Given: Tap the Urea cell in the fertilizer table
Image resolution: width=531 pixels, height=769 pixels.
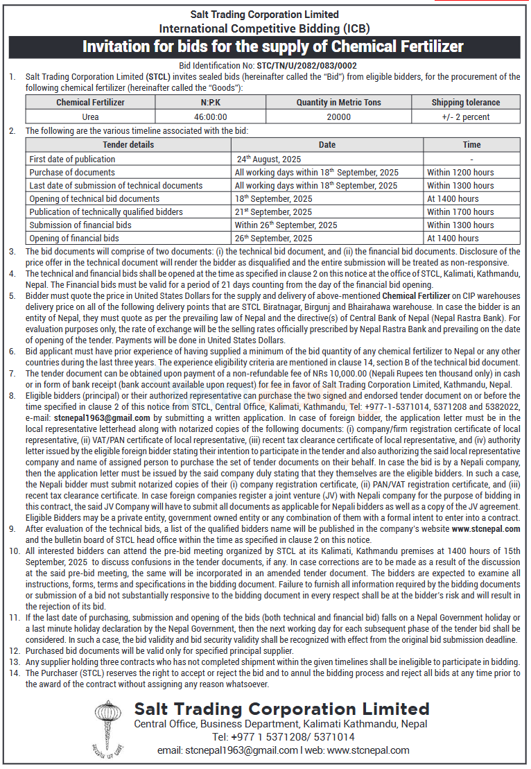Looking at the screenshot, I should pyautogui.click(x=90, y=116).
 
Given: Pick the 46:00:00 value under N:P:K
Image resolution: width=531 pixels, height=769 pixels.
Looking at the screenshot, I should pyautogui.click(x=210, y=116).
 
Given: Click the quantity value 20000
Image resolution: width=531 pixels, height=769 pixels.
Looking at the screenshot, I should pyautogui.click(x=338, y=116).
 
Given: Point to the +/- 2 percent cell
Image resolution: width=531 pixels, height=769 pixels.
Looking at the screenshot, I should pyautogui.click(x=465, y=116).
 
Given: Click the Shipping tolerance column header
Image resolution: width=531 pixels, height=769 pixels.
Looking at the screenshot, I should pyautogui.click(x=465, y=103).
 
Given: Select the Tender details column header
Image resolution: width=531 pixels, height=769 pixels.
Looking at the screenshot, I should pyautogui.click(x=128, y=145).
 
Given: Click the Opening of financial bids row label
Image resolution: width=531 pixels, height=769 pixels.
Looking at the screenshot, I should pyautogui.click(x=74, y=238).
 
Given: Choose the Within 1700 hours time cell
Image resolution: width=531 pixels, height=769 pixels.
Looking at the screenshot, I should pyautogui.click(x=460, y=211).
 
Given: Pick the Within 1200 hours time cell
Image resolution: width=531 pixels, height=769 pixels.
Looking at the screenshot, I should pyautogui.click(x=460, y=172).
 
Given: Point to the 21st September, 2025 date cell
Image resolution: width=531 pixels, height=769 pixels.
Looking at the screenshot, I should pyautogui.click(x=273, y=211).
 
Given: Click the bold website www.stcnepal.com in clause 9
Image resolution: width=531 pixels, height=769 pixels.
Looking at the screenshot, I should pyautogui.click(x=485, y=528).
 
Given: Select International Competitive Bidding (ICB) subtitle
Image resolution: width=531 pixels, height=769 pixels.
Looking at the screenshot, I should pyautogui.click(x=265, y=28).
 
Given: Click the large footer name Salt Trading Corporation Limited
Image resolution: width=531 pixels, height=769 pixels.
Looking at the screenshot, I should pyautogui.click(x=282, y=709).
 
